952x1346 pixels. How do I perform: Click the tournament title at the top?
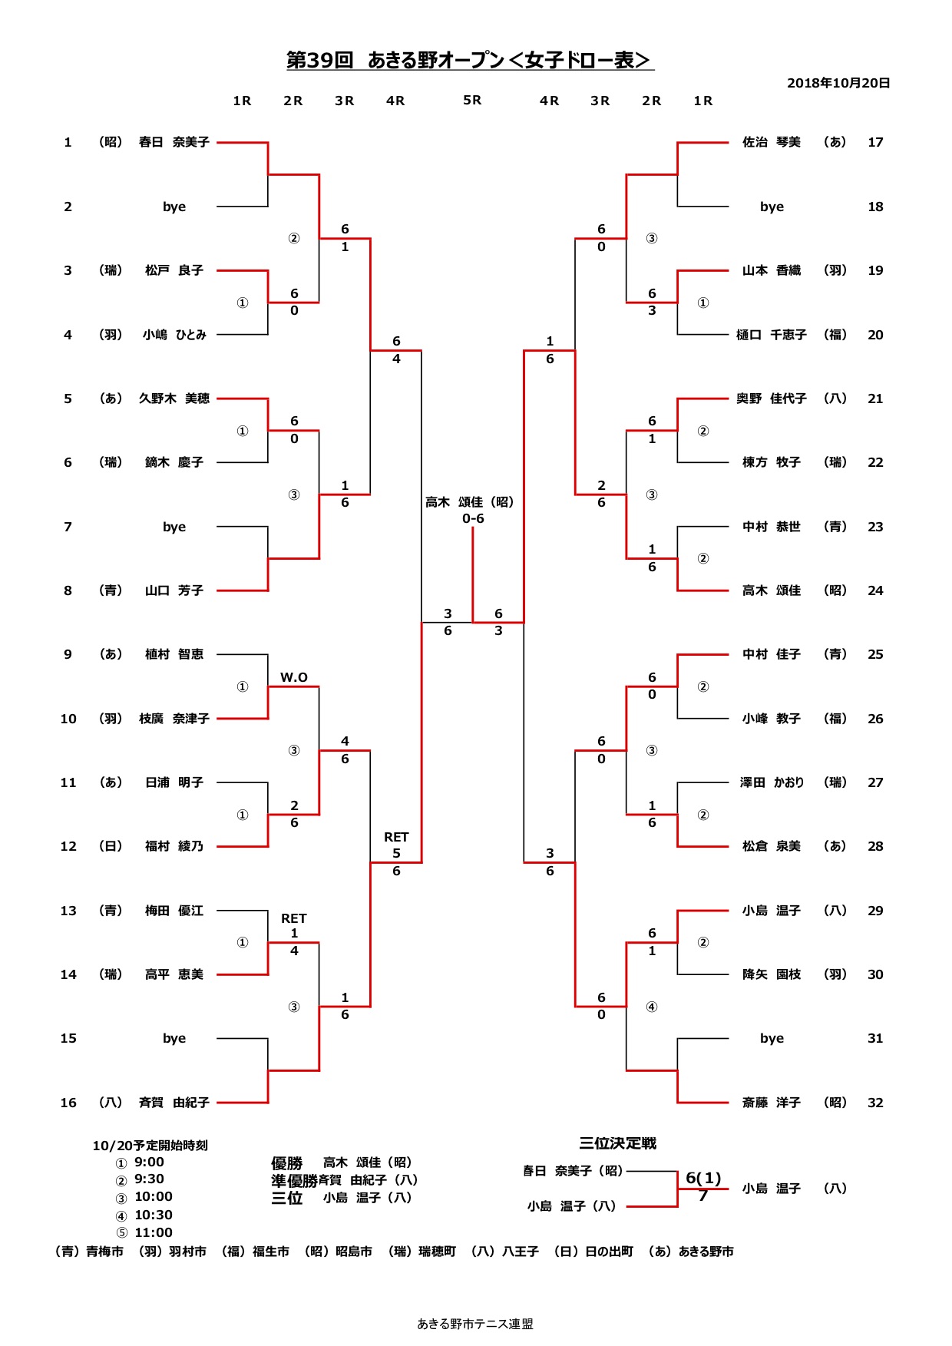coord(470,60)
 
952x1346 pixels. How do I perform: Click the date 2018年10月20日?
coord(838,83)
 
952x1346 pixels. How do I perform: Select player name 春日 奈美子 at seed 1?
coord(174,142)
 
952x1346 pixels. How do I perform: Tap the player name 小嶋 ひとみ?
coord(174,335)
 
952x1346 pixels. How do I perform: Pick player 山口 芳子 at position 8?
coord(174,590)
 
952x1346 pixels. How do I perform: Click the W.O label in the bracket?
coord(293,677)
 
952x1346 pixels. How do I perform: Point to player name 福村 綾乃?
coord(174,846)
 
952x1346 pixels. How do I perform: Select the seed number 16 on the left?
coord(68,1103)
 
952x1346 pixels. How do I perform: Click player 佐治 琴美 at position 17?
coord(772,142)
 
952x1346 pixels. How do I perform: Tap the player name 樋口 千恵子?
coord(772,335)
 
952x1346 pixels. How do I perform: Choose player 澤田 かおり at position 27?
coord(772,782)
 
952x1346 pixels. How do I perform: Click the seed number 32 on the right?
coord(875,1103)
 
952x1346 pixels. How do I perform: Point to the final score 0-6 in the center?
coord(473,519)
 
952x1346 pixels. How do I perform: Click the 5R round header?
coord(472,101)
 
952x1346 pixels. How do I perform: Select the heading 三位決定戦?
coord(617,1143)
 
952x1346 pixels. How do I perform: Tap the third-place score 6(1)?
coord(703,1178)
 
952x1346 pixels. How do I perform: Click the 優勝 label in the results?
coord(286,1163)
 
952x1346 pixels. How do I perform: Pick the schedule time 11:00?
coord(154,1232)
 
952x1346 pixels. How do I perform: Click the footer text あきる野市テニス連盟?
coord(475,1324)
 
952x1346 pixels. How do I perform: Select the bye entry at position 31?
coord(772,1038)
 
